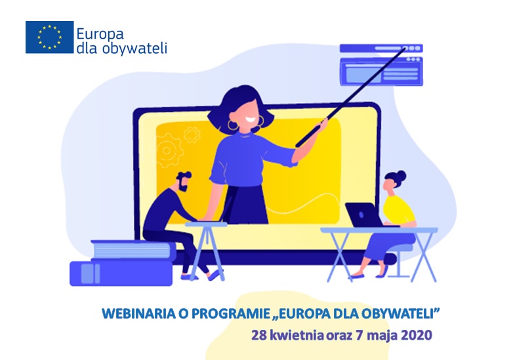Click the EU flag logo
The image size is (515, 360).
click(50, 37)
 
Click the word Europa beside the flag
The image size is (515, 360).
click(100, 34)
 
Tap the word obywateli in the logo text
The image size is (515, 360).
click(135, 49)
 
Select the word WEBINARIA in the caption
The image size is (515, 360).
click(139, 313)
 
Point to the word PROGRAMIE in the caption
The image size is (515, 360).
click(231, 313)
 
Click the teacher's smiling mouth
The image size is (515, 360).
click(249, 119)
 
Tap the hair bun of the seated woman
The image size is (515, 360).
click(401, 176)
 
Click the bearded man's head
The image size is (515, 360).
click(183, 181)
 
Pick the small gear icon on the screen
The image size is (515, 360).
click(192, 134)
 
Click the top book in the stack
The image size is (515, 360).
click(133, 250)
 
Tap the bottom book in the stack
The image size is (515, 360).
click(121, 273)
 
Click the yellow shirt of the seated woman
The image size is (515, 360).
click(398, 210)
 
